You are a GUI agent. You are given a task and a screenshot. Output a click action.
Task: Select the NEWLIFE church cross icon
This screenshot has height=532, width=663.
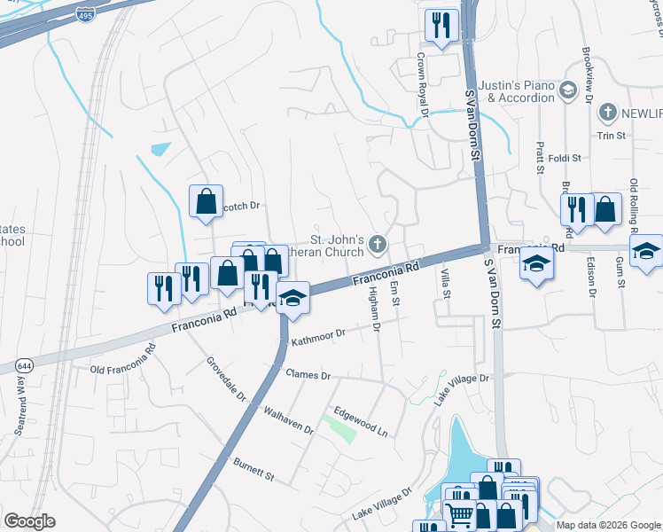tap(607, 113)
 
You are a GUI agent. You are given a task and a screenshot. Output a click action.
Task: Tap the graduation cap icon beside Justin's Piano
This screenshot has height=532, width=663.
tap(567, 90)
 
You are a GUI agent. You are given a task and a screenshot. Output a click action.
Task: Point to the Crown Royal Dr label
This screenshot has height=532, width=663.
tap(423, 85)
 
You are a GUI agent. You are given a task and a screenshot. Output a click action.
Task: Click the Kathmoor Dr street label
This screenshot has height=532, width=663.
tap(317, 336)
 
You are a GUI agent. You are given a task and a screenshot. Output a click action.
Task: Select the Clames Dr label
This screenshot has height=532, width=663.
tap(307, 375)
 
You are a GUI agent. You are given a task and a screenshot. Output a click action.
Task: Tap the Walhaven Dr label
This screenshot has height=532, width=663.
tap(290, 419)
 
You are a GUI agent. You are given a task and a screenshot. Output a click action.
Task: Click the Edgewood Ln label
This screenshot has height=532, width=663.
tap(361, 421)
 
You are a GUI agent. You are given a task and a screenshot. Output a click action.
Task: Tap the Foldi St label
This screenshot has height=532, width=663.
tap(564, 159)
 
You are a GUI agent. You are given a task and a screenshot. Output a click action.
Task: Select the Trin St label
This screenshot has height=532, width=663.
tap(612, 136)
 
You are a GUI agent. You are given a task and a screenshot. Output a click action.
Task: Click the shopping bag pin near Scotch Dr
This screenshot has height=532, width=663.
tap(206, 200)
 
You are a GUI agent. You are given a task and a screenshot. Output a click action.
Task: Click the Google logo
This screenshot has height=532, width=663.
tap(29, 521)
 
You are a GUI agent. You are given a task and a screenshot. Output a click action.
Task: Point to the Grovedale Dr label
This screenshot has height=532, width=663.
tap(227, 379)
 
